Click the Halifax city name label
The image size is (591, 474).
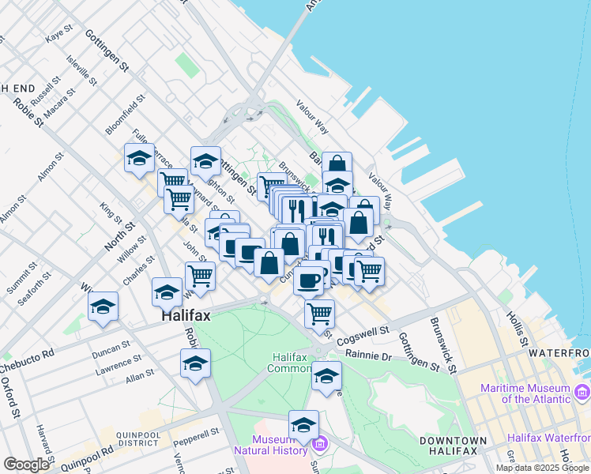click(x=186, y=316)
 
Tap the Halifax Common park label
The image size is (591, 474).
click(x=294, y=363)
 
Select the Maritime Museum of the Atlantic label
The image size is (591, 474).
click(x=525, y=393)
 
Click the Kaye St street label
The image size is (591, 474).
click(x=58, y=37)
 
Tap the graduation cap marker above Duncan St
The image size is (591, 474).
click(x=103, y=307)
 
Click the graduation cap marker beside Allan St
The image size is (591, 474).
click(x=195, y=364)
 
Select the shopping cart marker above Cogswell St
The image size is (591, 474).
click(x=319, y=313)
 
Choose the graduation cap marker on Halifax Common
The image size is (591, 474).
click(x=326, y=377)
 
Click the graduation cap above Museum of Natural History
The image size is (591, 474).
click(x=303, y=426)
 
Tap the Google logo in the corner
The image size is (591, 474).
click(x=26, y=465)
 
